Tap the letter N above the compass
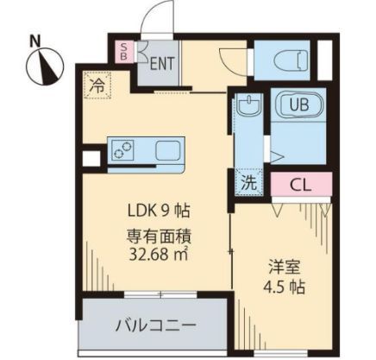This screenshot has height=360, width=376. pyautogui.click(x=34, y=39)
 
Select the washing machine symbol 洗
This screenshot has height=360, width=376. pyautogui.click(x=248, y=182)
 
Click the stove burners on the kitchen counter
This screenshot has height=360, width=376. pyautogui.click(x=122, y=149)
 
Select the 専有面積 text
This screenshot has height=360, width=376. pyautogui.click(x=159, y=233)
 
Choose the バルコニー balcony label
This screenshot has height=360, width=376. pyautogui.click(x=154, y=326)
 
